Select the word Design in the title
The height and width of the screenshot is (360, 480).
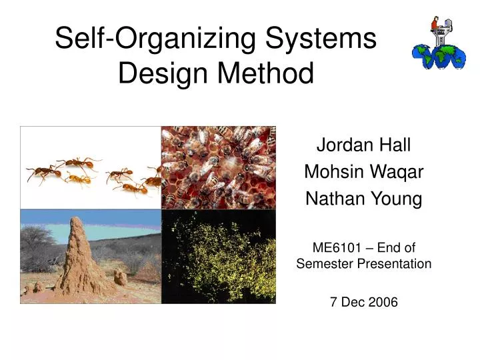159,73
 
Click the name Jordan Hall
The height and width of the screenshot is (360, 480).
363,145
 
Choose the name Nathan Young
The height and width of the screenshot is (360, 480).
363,198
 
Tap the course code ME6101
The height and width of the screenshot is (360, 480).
335,247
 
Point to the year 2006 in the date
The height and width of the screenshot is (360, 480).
383,302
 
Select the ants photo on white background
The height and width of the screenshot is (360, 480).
91,167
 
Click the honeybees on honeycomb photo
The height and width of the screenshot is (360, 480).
218,167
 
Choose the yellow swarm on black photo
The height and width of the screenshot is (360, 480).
218,257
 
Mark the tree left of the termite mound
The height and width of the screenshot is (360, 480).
37,243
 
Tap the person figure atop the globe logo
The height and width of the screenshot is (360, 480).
435,27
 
